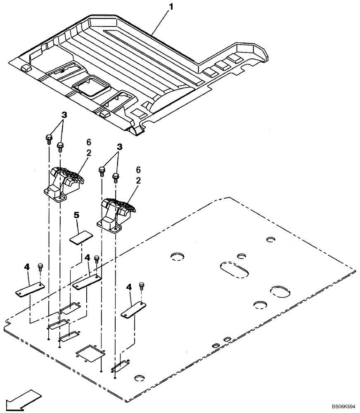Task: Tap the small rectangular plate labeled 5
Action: click(81, 238)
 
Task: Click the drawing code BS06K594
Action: click(345, 406)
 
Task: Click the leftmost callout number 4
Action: click(27, 267)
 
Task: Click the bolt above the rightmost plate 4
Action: click(142, 286)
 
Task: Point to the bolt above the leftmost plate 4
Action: click(40, 266)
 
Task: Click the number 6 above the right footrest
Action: click(138, 170)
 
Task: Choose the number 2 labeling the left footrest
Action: click(89, 153)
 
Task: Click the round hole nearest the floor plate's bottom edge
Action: click(139, 378)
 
